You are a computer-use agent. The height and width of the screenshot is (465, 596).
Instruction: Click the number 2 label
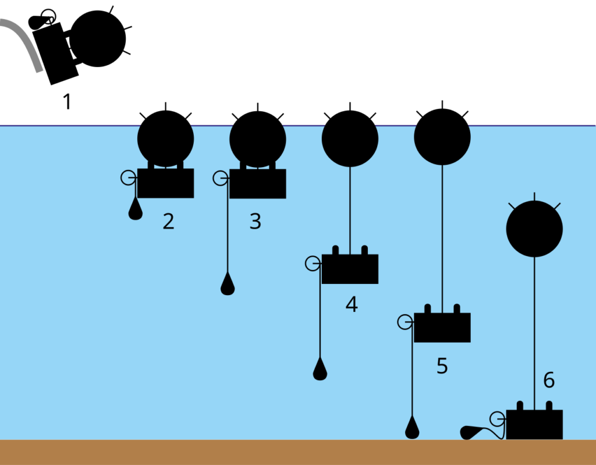(x=168, y=222)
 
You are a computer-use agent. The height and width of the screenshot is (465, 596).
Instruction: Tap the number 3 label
(x=255, y=222)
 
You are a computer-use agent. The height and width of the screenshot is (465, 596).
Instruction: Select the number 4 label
(x=351, y=304)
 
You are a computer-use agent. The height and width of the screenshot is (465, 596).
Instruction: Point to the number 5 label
(x=442, y=366)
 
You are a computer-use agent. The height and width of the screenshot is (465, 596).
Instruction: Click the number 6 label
(x=549, y=381)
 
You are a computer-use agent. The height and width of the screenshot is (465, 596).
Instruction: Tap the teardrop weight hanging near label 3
(x=228, y=285)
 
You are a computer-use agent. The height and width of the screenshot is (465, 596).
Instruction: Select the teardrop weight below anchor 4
(x=320, y=370)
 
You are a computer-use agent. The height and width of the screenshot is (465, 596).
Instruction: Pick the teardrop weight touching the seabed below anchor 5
(x=412, y=429)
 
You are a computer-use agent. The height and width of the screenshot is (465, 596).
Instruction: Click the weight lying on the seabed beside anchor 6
(x=471, y=432)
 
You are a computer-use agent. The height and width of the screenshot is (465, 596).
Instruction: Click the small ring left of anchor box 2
(x=128, y=178)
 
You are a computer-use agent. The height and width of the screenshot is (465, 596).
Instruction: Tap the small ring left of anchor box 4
(x=313, y=264)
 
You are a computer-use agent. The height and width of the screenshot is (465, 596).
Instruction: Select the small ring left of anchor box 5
(x=405, y=322)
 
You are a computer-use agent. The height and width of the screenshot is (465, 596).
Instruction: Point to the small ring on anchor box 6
(x=497, y=418)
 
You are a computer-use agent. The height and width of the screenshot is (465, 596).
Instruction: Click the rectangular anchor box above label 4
(x=350, y=269)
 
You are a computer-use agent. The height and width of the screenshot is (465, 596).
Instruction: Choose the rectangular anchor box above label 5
(x=442, y=328)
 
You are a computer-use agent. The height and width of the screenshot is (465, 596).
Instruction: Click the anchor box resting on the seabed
(x=534, y=424)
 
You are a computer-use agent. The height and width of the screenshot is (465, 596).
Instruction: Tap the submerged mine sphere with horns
(x=534, y=229)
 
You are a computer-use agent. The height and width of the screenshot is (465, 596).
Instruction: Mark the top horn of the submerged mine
(x=534, y=196)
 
